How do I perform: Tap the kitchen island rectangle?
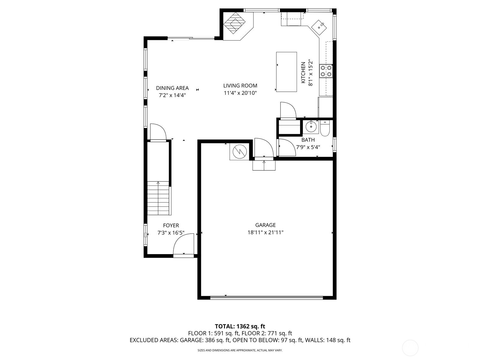(286, 72)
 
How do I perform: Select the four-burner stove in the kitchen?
(326, 71)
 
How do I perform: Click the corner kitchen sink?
(319, 28)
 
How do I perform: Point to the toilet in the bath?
(325, 128)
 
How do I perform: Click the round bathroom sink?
(311, 127)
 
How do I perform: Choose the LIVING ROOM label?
(240, 86)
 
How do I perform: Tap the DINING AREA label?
(172, 88)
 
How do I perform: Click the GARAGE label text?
(265, 225)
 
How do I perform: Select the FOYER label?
(171, 225)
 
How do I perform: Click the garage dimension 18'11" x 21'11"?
(265, 232)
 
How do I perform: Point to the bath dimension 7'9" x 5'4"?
(308, 147)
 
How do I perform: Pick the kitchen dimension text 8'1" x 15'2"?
(310, 73)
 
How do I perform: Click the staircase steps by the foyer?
(158, 198)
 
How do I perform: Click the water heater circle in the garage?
(240, 151)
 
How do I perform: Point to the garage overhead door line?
(266, 297)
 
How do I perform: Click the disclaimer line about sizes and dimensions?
(240, 350)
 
